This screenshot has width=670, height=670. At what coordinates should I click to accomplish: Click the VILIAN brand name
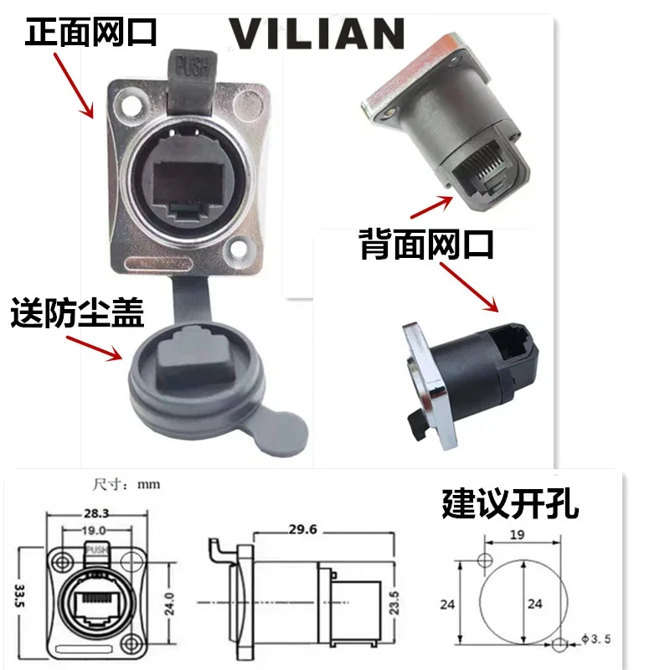pos(317,33)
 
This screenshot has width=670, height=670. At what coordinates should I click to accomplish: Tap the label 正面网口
pos(91,32)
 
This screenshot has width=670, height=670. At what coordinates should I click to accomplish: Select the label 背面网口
pos(426,245)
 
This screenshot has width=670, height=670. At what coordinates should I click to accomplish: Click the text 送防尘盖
pos(77,312)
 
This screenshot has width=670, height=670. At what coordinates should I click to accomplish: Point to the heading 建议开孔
pos(510,504)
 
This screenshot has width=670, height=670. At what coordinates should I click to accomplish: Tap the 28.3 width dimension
pos(96,513)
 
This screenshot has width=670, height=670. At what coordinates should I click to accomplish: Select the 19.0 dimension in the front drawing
pos(94,531)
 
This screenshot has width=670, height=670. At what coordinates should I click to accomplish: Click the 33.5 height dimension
pos(19,595)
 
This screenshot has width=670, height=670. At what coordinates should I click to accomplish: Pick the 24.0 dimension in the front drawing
pos(170,603)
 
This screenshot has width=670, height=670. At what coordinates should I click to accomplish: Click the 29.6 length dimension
pos(302,529)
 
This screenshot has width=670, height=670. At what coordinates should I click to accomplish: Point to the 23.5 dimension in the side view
pos(394,603)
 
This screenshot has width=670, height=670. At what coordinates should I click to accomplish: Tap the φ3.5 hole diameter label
pos(596,639)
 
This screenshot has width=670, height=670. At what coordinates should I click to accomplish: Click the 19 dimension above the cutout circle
pos(517,534)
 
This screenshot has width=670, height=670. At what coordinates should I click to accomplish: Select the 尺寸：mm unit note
pos(126,485)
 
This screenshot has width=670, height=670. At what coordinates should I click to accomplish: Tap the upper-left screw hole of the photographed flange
pos(131,106)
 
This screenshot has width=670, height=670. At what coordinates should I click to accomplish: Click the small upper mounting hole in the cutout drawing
pos(485,559)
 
